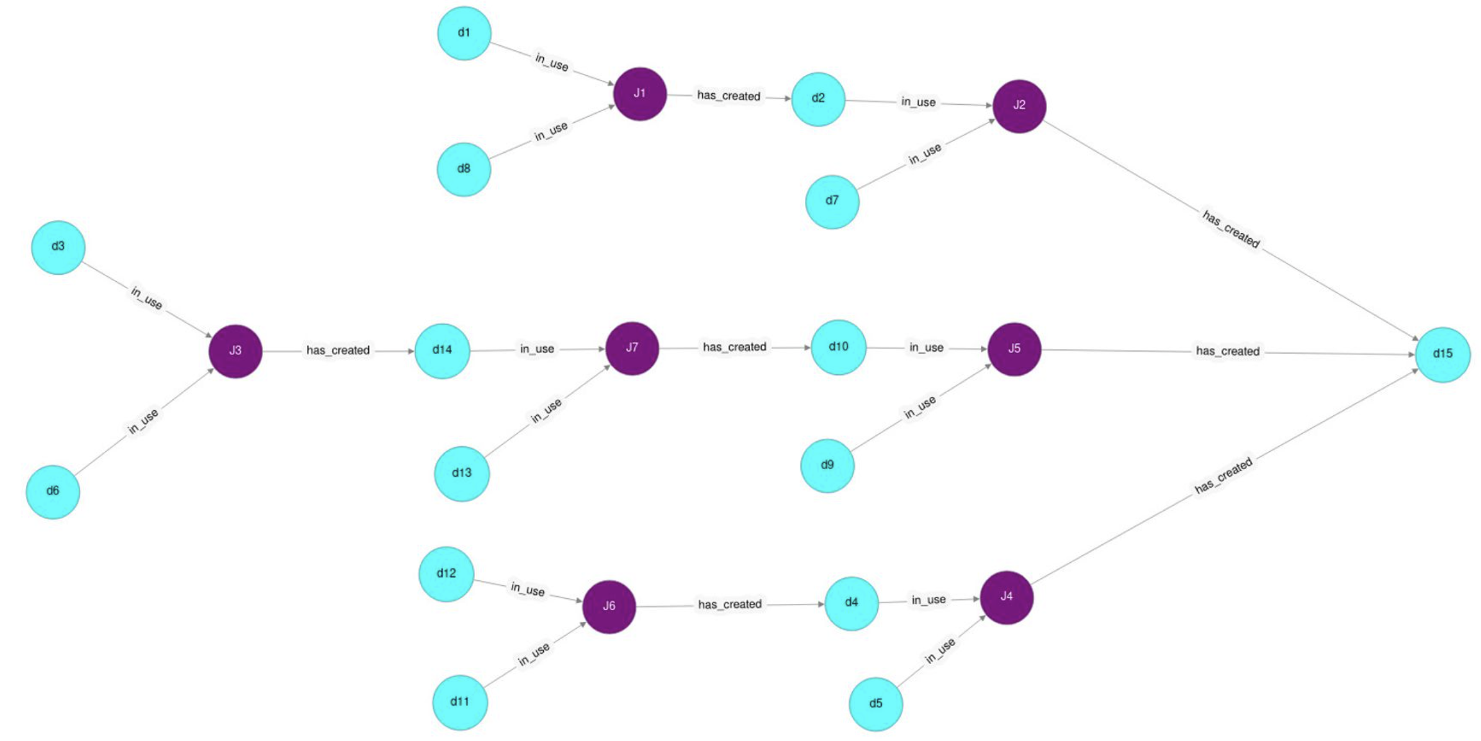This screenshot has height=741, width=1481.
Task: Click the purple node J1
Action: coord(639,94)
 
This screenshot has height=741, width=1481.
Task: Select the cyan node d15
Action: coord(1442,354)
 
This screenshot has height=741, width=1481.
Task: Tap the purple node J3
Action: coord(235,351)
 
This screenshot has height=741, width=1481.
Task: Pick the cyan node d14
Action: coord(442,350)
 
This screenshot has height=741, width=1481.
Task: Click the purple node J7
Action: coord(632,348)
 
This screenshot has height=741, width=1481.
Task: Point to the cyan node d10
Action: coord(838,347)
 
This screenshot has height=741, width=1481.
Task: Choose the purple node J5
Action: coord(1014,349)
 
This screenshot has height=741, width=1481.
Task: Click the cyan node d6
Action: coord(53,492)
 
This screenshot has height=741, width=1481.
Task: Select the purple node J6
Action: coord(609,606)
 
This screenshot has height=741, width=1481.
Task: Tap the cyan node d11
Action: coord(459,702)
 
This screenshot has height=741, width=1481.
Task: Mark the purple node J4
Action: coord(1006,597)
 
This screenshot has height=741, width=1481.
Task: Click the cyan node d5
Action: coord(875,704)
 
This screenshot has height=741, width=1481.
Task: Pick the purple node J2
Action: coord(1019,106)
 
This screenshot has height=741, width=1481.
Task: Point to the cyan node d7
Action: coord(832,201)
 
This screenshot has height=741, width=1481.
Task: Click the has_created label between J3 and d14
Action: coord(338,351)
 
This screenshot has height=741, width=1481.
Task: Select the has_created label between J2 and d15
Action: coord(1230,228)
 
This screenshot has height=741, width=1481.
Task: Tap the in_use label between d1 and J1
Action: coord(551,61)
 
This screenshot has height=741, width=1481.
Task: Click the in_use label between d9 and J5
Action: coord(919,407)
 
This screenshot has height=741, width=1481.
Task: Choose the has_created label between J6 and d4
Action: coord(729,604)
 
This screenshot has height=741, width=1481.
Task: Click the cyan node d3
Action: coord(58,247)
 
